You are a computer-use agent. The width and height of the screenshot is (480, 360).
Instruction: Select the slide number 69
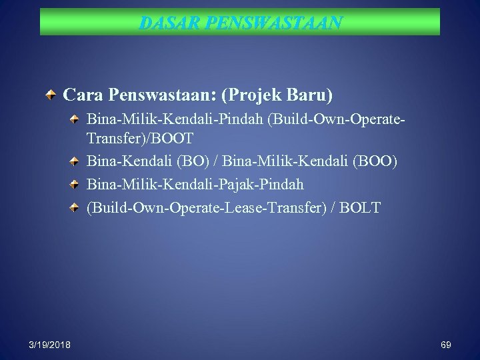coord(446,344)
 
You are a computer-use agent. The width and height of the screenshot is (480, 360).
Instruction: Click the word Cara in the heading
coord(81,95)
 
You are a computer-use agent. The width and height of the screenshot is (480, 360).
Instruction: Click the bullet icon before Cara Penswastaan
coord(52,95)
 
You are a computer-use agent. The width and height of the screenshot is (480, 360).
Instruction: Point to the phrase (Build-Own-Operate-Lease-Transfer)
coord(209,208)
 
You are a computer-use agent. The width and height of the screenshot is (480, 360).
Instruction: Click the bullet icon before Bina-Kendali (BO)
coord(75,161)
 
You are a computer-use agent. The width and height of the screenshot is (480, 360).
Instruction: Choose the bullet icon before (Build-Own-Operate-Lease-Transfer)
coord(75,207)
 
